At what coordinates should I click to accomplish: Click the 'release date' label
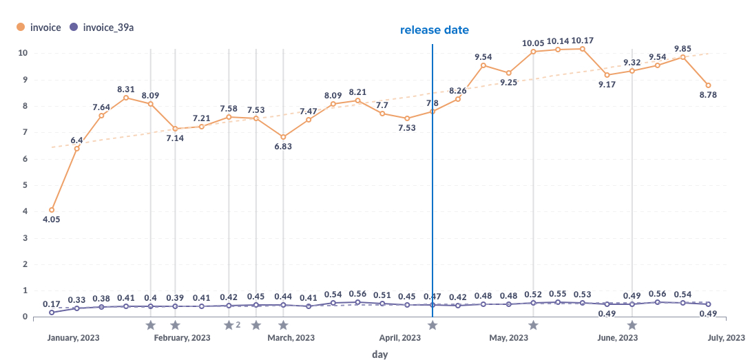(x=434, y=30)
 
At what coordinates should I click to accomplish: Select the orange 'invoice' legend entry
(x=39, y=28)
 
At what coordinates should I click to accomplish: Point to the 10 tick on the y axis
(x=23, y=53)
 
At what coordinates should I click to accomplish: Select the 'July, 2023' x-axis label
(x=726, y=338)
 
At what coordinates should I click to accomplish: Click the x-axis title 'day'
(x=379, y=354)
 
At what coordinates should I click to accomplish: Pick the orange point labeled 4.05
(x=52, y=210)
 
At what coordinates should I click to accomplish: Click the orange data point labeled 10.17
(x=583, y=49)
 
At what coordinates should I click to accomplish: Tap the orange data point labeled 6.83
(x=283, y=137)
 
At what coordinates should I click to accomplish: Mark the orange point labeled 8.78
(x=708, y=85)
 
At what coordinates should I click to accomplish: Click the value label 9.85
(x=683, y=48)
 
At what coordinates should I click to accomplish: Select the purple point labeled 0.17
(x=52, y=313)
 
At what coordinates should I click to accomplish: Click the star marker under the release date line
(x=433, y=325)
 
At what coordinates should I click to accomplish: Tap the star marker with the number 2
(x=229, y=325)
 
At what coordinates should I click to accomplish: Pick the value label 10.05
(x=533, y=43)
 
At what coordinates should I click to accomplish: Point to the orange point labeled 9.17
(x=607, y=75)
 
